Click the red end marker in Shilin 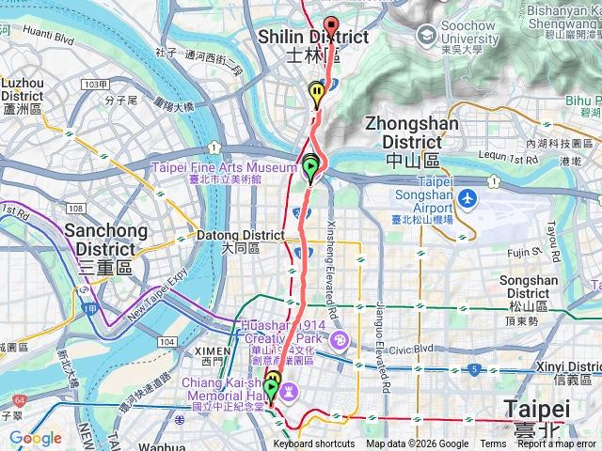[x=330, y=25]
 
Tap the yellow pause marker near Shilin [x=317, y=92]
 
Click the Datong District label [x=240, y=241]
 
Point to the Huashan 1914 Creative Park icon [x=339, y=338]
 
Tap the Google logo [x=35, y=438]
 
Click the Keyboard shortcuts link [x=314, y=444]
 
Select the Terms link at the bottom [x=493, y=444]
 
